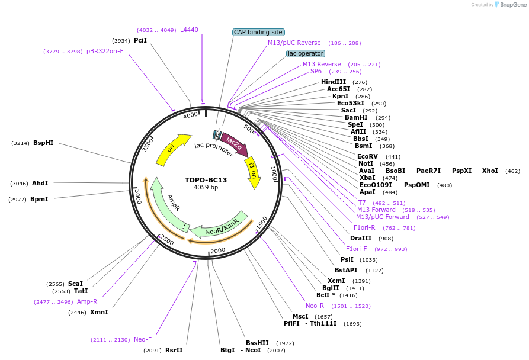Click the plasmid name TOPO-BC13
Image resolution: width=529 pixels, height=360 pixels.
206,180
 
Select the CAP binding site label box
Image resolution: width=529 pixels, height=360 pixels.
259,32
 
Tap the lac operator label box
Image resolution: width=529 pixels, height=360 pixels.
305,53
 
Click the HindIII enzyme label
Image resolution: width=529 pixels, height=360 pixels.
334,82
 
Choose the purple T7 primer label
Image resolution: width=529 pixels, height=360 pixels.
362,202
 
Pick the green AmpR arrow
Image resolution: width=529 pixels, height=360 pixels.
168,205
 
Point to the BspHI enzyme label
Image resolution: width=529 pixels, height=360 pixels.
43,143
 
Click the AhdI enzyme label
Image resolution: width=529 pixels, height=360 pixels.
40,183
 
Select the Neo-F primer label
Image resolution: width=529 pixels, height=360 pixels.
143,339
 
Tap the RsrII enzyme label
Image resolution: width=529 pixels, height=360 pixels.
174,350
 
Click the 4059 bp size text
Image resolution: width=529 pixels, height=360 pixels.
206,188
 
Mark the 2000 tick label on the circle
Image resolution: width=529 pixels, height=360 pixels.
218,250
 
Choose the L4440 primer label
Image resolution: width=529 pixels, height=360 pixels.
189,30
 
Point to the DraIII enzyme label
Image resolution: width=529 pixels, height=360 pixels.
361,238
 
